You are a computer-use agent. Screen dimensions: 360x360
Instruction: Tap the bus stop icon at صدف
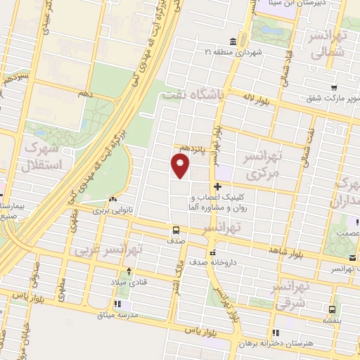(x=176, y=229)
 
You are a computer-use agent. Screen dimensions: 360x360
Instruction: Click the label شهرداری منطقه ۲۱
(x=233, y=52)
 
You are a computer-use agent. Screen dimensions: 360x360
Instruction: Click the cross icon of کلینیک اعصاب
(x=219, y=187)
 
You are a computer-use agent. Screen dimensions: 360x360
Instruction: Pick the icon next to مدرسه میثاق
(x=117, y=304)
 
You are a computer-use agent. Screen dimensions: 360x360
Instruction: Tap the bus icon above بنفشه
(x=331, y=308)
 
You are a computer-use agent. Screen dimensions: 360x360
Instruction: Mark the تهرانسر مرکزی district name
(x=259, y=163)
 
